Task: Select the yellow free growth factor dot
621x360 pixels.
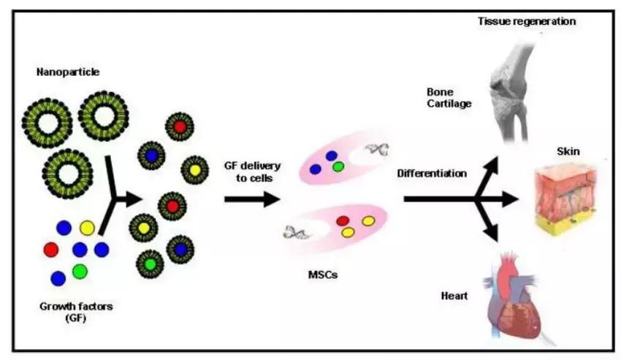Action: [87, 229]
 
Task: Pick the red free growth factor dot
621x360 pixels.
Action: [51, 250]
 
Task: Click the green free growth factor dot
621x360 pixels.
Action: [80, 272]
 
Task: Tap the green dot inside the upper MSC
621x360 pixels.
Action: [338, 166]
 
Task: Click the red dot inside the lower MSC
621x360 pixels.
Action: [343, 220]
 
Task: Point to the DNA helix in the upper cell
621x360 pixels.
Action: [378, 150]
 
